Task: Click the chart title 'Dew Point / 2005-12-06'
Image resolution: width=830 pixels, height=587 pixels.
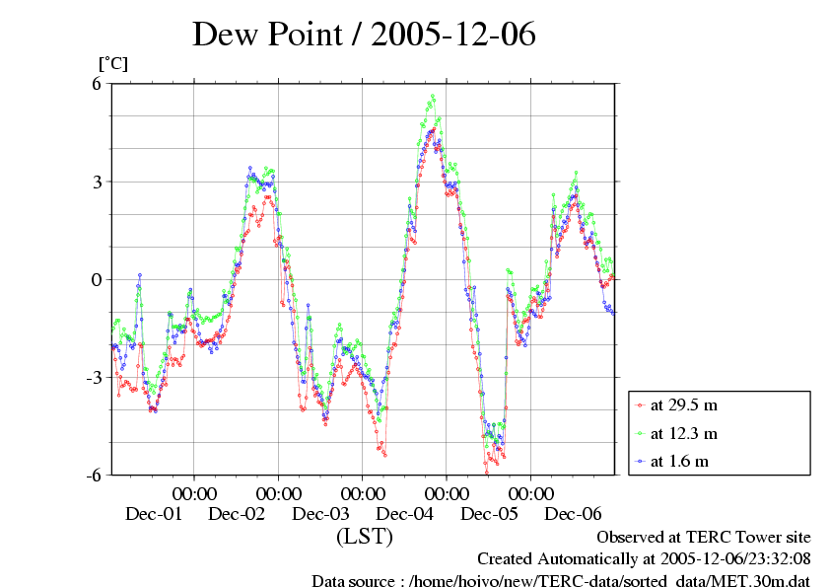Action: [364, 36]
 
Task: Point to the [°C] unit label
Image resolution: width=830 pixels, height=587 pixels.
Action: [113, 64]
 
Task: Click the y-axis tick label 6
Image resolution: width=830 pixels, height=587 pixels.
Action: [98, 84]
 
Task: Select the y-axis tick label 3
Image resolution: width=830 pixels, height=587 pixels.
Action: [98, 182]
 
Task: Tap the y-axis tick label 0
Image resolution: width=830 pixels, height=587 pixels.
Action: [98, 279]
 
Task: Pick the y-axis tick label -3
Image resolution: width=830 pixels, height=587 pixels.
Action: [95, 377]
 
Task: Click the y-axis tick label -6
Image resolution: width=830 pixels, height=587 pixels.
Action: [95, 475]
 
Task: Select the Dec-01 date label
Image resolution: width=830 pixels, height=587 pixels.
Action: [154, 514]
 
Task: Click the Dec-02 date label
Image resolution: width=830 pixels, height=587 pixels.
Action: [238, 514]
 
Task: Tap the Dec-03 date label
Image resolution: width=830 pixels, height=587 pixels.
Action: [321, 514]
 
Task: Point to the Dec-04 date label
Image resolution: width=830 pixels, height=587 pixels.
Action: [405, 514]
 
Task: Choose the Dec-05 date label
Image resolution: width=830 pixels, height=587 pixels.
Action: [489, 514]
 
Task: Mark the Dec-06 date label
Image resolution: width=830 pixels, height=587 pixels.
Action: [574, 514]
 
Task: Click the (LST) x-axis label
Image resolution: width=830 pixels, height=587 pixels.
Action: [364, 537]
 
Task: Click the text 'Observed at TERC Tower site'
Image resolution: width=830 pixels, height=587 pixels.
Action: [704, 537]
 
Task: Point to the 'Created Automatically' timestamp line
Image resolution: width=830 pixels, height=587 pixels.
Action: [643, 557]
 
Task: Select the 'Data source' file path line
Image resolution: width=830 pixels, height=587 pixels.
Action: [561, 579]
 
